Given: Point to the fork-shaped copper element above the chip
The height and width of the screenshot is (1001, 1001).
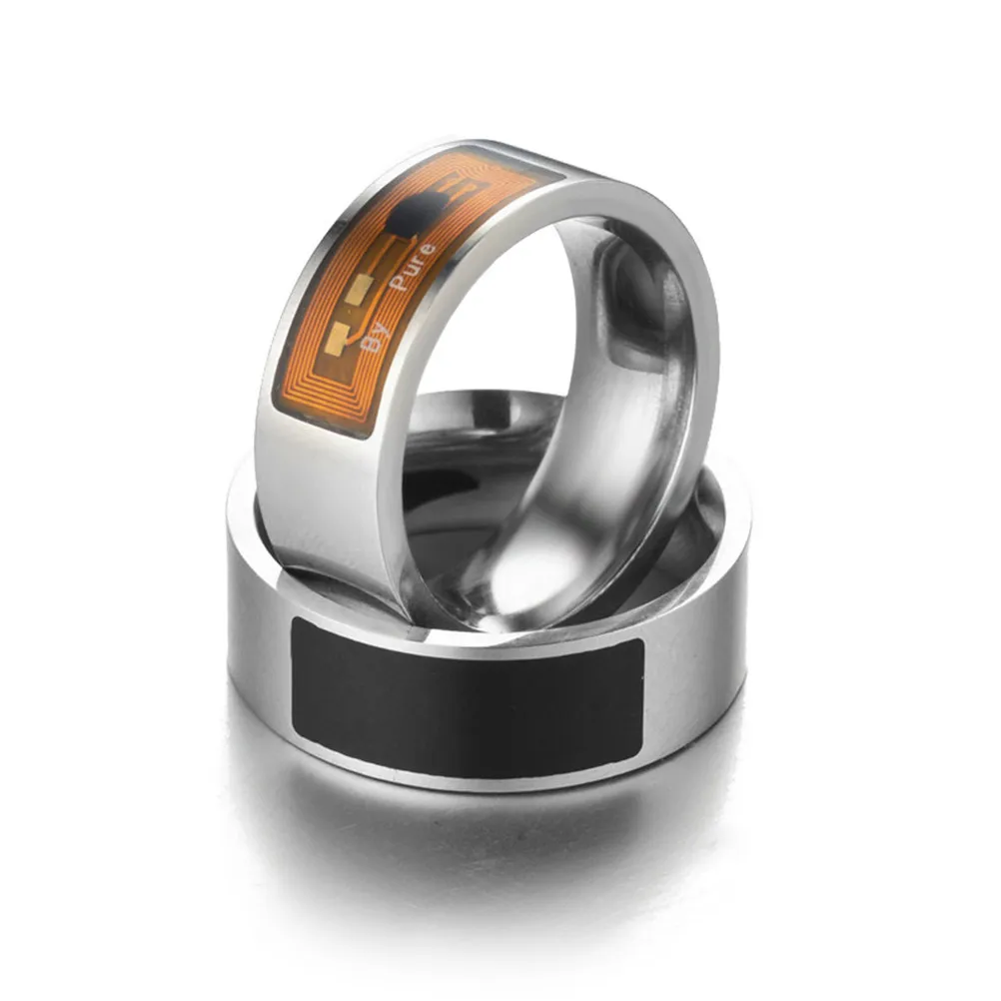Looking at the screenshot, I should pyautogui.click(x=466, y=190).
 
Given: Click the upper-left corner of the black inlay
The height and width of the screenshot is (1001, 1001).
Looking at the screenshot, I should pyautogui.click(x=295, y=621).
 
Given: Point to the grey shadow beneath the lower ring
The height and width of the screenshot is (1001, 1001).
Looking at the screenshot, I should pyautogui.click(x=480, y=839).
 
